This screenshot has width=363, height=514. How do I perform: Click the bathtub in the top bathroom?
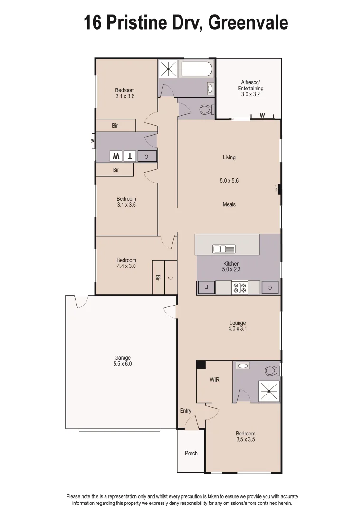point(197,69)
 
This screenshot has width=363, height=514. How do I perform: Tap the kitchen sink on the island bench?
point(223,248)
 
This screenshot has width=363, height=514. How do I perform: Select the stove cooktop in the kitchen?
point(239,287)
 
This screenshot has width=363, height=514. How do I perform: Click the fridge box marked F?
point(206,287)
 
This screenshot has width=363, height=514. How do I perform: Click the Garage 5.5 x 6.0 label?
point(122,361)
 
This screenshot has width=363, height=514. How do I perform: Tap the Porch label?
point(191,453)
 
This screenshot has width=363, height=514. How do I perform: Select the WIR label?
point(214,380)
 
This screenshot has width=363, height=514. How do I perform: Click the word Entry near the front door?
point(185,411)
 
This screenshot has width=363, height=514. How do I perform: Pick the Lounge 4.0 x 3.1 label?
point(238,326)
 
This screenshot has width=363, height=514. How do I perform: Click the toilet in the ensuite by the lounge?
point(272,370)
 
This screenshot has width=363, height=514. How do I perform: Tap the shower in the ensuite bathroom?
point(269,391)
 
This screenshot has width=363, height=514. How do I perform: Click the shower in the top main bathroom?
point(168,69)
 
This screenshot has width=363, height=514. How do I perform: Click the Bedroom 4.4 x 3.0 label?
point(126,263)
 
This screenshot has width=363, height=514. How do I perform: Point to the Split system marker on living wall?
point(279,189)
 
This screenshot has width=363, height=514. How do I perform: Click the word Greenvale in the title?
point(248,22)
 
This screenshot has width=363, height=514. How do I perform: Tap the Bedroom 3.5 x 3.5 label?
point(245,436)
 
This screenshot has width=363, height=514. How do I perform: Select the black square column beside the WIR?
point(201,365)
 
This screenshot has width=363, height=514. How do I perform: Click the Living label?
point(229,158)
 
